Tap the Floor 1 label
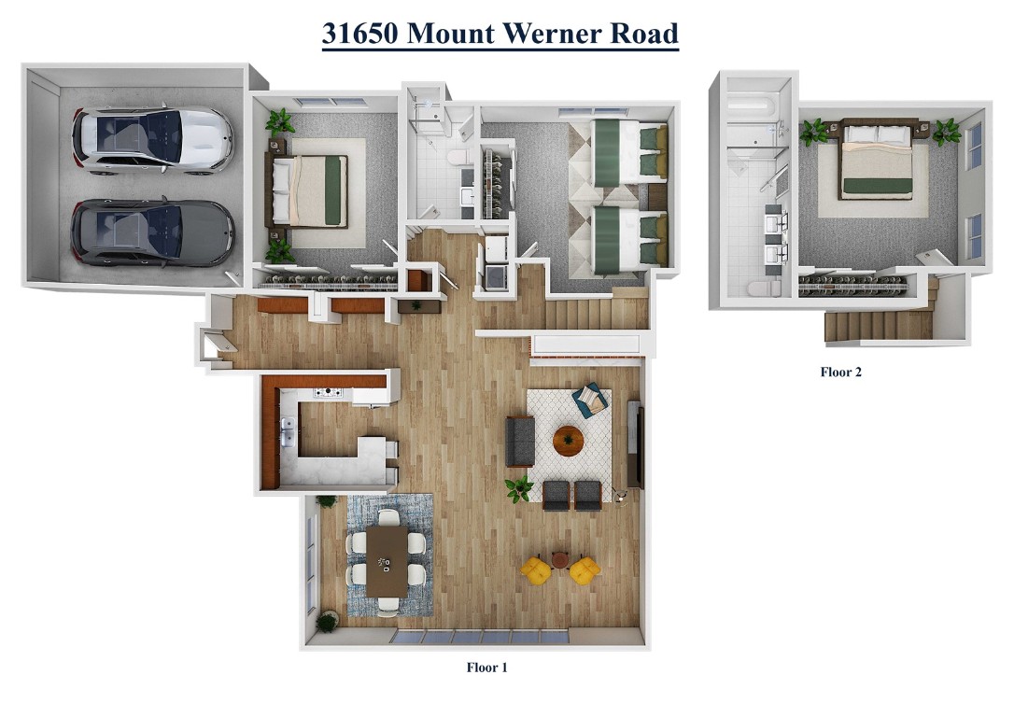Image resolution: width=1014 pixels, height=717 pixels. [x=486, y=668]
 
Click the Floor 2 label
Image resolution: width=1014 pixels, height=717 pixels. [x=840, y=372]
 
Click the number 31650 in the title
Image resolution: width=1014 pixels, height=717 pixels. [x=361, y=34]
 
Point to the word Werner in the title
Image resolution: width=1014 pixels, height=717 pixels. [x=546, y=34]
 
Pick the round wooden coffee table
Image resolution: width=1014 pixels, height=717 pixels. [x=568, y=441]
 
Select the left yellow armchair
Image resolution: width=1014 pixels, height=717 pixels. [x=535, y=569]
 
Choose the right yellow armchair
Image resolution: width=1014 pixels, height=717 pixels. [x=584, y=569]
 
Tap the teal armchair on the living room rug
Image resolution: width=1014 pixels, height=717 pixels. [x=590, y=401]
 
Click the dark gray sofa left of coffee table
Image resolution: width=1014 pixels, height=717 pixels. [x=520, y=441]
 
